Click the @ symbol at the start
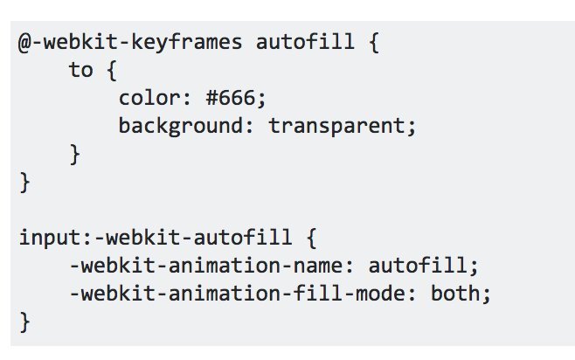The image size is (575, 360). (26, 43)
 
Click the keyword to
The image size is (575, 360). (81, 71)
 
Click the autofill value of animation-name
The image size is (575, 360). (415, 266)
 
